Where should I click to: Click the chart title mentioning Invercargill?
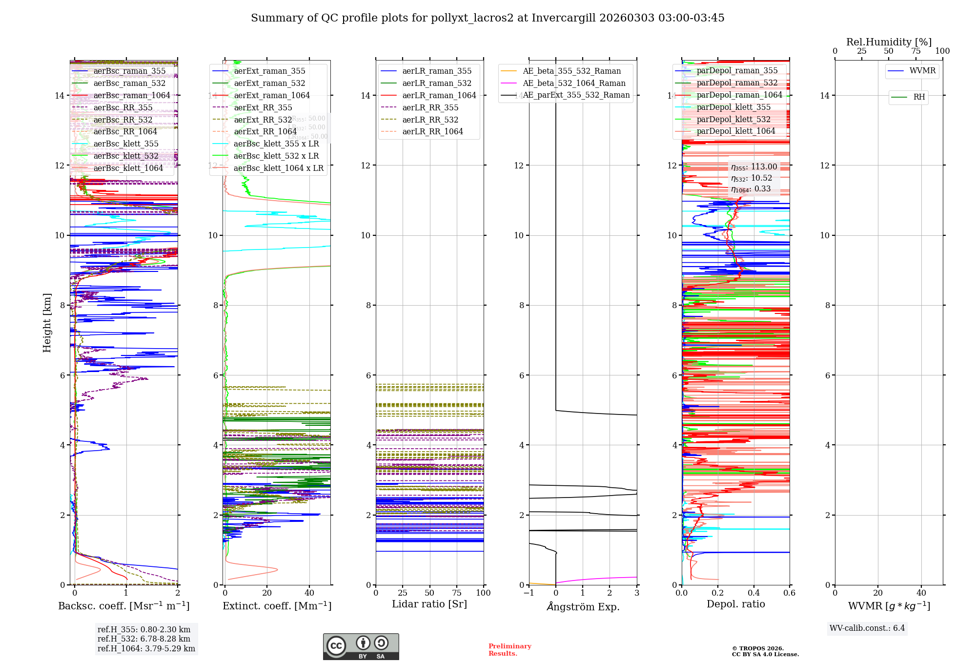[x=488, y=18]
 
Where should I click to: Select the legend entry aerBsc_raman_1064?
[x=132, y=96]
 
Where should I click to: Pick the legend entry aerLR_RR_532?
[x=430, y=120]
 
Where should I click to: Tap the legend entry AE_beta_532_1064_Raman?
[x=574, y=83]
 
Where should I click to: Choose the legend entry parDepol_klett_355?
[x=733, y=107]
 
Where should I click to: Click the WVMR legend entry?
[x=922, y=71]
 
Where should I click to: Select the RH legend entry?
[x=919, y=97]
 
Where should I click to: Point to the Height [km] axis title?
[x=47, y=322]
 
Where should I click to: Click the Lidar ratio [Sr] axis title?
[x=429, y=604]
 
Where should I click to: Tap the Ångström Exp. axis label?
[x=583, y=606]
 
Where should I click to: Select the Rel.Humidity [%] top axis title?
[x=889, y=42]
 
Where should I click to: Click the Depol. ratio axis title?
[x=735, y=604]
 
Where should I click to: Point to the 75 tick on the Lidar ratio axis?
[x=457, y=593]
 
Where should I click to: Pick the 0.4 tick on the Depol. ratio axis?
[x=753, y=593]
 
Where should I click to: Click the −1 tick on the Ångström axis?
[x=529, y=593]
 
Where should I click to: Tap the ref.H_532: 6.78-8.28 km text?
[x=144, y=639]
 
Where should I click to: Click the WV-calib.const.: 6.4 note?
[x=867, y=628]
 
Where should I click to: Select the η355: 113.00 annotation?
[x=754, y=167]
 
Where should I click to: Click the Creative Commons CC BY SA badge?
[x=361, y=646]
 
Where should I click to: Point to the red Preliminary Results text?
[x=509, y=650]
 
